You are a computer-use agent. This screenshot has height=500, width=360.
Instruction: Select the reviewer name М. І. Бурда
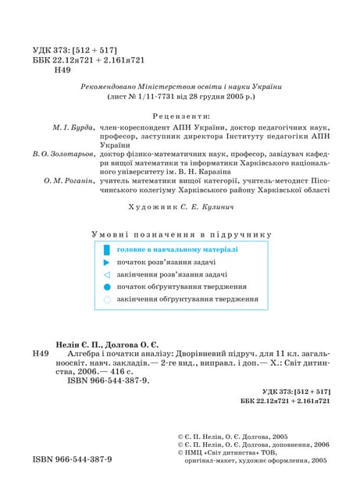(x=73, y=126)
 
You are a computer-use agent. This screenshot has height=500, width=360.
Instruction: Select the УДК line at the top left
(x=76, y=48)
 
